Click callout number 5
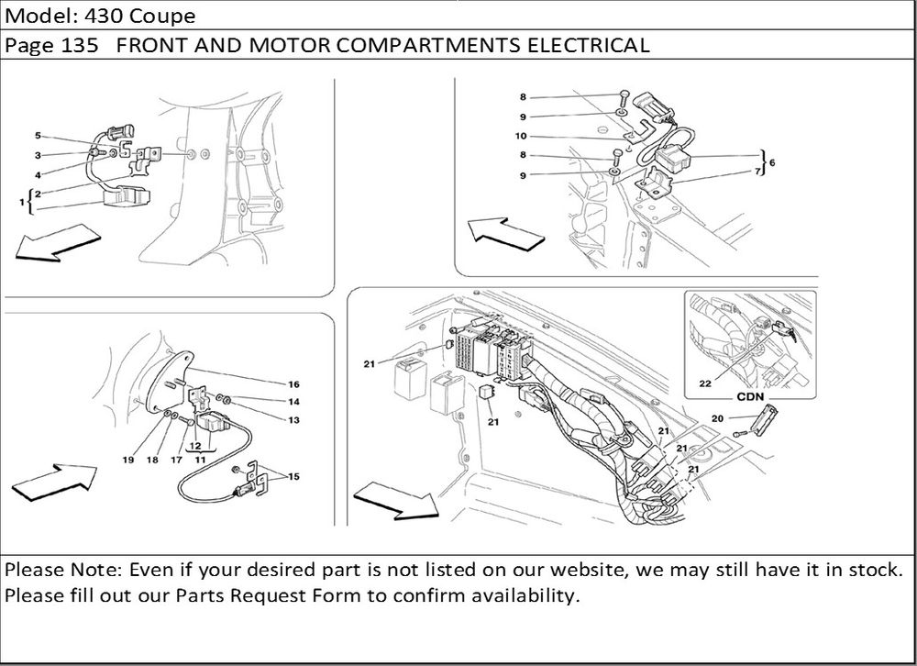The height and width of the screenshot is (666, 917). click(x=39, y=135)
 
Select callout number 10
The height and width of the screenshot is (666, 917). click(x=521, y=136)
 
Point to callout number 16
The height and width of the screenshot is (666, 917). click(x=294, y=383)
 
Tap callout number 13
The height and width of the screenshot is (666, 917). click(x=294, y=420)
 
